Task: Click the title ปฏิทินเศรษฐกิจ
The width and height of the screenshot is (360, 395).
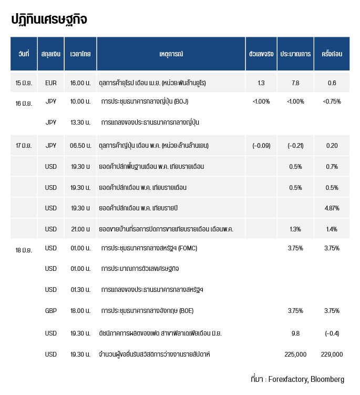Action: tap(49, 19)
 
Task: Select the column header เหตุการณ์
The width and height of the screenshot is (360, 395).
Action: tap(171, 54)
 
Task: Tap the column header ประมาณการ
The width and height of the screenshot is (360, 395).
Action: tap(295, 54)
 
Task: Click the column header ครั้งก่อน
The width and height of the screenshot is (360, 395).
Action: tap(332, 54)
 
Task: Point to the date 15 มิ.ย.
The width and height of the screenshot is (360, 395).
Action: tap(24, 83)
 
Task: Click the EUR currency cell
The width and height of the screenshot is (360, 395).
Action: tap(51, 83)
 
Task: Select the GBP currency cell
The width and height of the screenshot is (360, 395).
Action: tap(51, 311)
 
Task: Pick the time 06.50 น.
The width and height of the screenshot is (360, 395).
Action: tap(80, 145)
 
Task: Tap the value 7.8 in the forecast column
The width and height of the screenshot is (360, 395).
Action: tap(295, 83)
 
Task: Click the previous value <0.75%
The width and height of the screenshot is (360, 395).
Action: tap(332, 102)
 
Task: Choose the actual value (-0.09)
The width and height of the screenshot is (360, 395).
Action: tap(261, 145)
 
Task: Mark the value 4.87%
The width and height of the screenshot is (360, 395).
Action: tap(332, 208)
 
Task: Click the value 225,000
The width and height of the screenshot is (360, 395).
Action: tap(295, 354)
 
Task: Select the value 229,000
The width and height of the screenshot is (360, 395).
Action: tap(332, 354)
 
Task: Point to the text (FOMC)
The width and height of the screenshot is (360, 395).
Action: tap(188, 248)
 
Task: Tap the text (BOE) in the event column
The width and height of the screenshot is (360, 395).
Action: tap(186, 311)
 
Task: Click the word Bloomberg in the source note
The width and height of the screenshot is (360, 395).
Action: tap(327, 379)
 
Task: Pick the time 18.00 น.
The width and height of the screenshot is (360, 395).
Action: tap(80, 311)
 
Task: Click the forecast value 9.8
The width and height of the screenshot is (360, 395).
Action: tap(295, 333)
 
